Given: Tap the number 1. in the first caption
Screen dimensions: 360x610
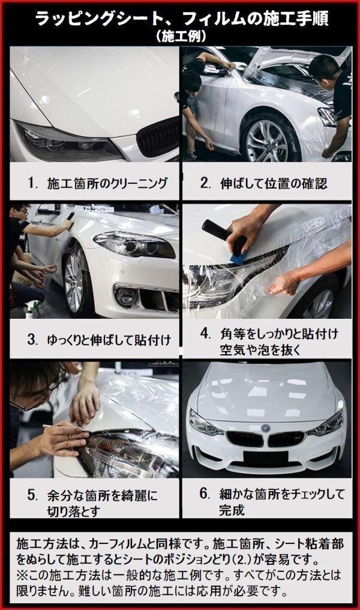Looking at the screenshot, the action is coord(32,183).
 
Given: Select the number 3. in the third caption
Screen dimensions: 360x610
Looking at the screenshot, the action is coord(32,340).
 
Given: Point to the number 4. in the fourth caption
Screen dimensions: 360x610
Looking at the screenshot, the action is coord(206,333).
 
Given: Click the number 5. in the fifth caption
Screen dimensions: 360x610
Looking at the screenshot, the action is coord(32,495).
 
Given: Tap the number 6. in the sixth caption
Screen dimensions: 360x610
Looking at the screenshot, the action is coord(205,494).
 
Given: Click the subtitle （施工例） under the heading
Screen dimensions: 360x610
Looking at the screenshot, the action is coord(179,37).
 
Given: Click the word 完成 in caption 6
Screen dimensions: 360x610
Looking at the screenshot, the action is coord(232,510).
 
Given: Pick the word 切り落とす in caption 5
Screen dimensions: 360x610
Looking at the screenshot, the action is coord(74,512).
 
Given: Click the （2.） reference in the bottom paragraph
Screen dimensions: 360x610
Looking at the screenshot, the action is coord(246,561).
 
